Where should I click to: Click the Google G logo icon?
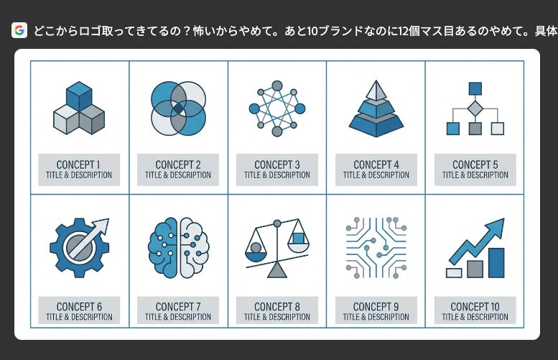tap(19, 30)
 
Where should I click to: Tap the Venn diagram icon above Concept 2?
tap(178, 109)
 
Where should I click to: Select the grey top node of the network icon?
tap(277, 86)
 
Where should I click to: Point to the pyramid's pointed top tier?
tap(376, 90)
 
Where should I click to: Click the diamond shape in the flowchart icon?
tap(475, 109)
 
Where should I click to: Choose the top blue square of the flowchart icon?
tap(475, 88)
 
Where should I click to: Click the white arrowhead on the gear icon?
tap(101, 226)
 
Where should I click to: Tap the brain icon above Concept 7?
tap(178, 247)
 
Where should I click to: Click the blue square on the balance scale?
tap(298, 238)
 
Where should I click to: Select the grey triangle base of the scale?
tap(277, 269)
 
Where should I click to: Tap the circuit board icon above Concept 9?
tap(376, 247)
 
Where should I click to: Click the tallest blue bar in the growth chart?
tap(496, 263)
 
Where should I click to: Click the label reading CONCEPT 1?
tap(78, 165)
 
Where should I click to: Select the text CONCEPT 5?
tap(475, 165)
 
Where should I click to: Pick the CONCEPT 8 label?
tap(277, 307)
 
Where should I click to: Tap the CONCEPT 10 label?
tap(475, 307)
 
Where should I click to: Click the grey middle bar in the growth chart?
tap(475, 269)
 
